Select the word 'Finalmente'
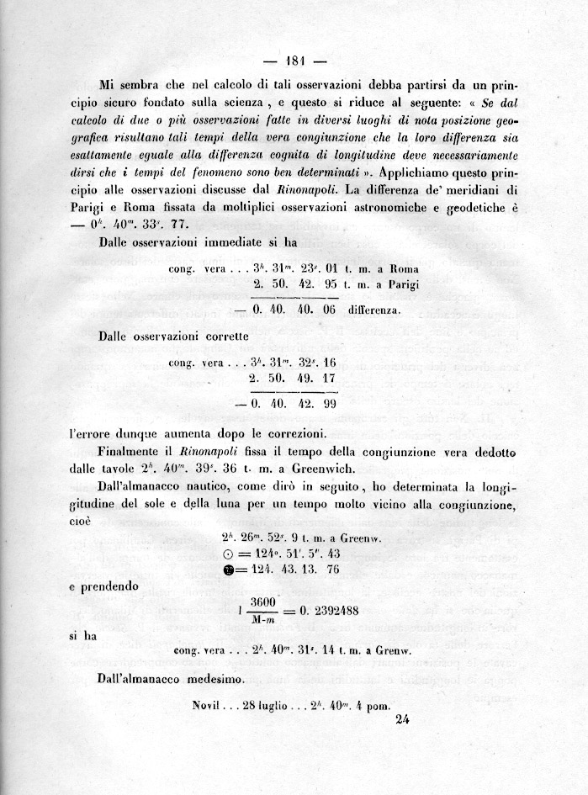[134, 453]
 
